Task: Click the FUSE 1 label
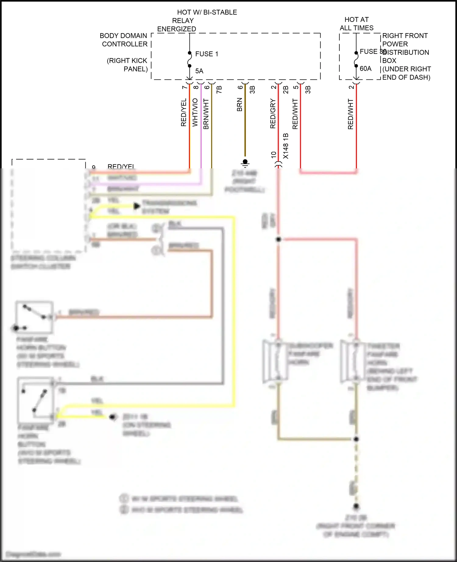pyautogui.click(x=207, y=54)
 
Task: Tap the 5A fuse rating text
pyautogui.click(x=199, y=71)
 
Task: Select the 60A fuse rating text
pyautogui.click(x=365, y=68)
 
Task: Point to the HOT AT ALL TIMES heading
pyautogui.click(x=356, y=24)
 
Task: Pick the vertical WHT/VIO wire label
pyautogui.click(x=195, y=112)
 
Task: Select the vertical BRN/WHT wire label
pyautogui.click(x=206, y=114)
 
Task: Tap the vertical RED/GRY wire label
pyautogui.click(x=273, y=113)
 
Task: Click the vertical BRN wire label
pyautogui.click(x=239, y=104)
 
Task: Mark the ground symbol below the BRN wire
pyautogui.click(x=245, y=163)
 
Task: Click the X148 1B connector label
pyautogui.click(x=285, y=146)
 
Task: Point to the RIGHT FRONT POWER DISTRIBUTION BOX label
pyautogui.click(x=406, y=56)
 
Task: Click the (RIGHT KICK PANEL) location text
pyautogui.click(x=127, y=65)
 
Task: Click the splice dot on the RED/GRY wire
pyautogui.click(x=278, y=239)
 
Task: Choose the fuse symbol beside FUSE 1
pyautogui.click(x=190, y=59)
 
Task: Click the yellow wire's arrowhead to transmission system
pyautogui.click(x=137, y=206)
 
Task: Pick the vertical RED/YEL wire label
pyautogui.click(x=183, y=112)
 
